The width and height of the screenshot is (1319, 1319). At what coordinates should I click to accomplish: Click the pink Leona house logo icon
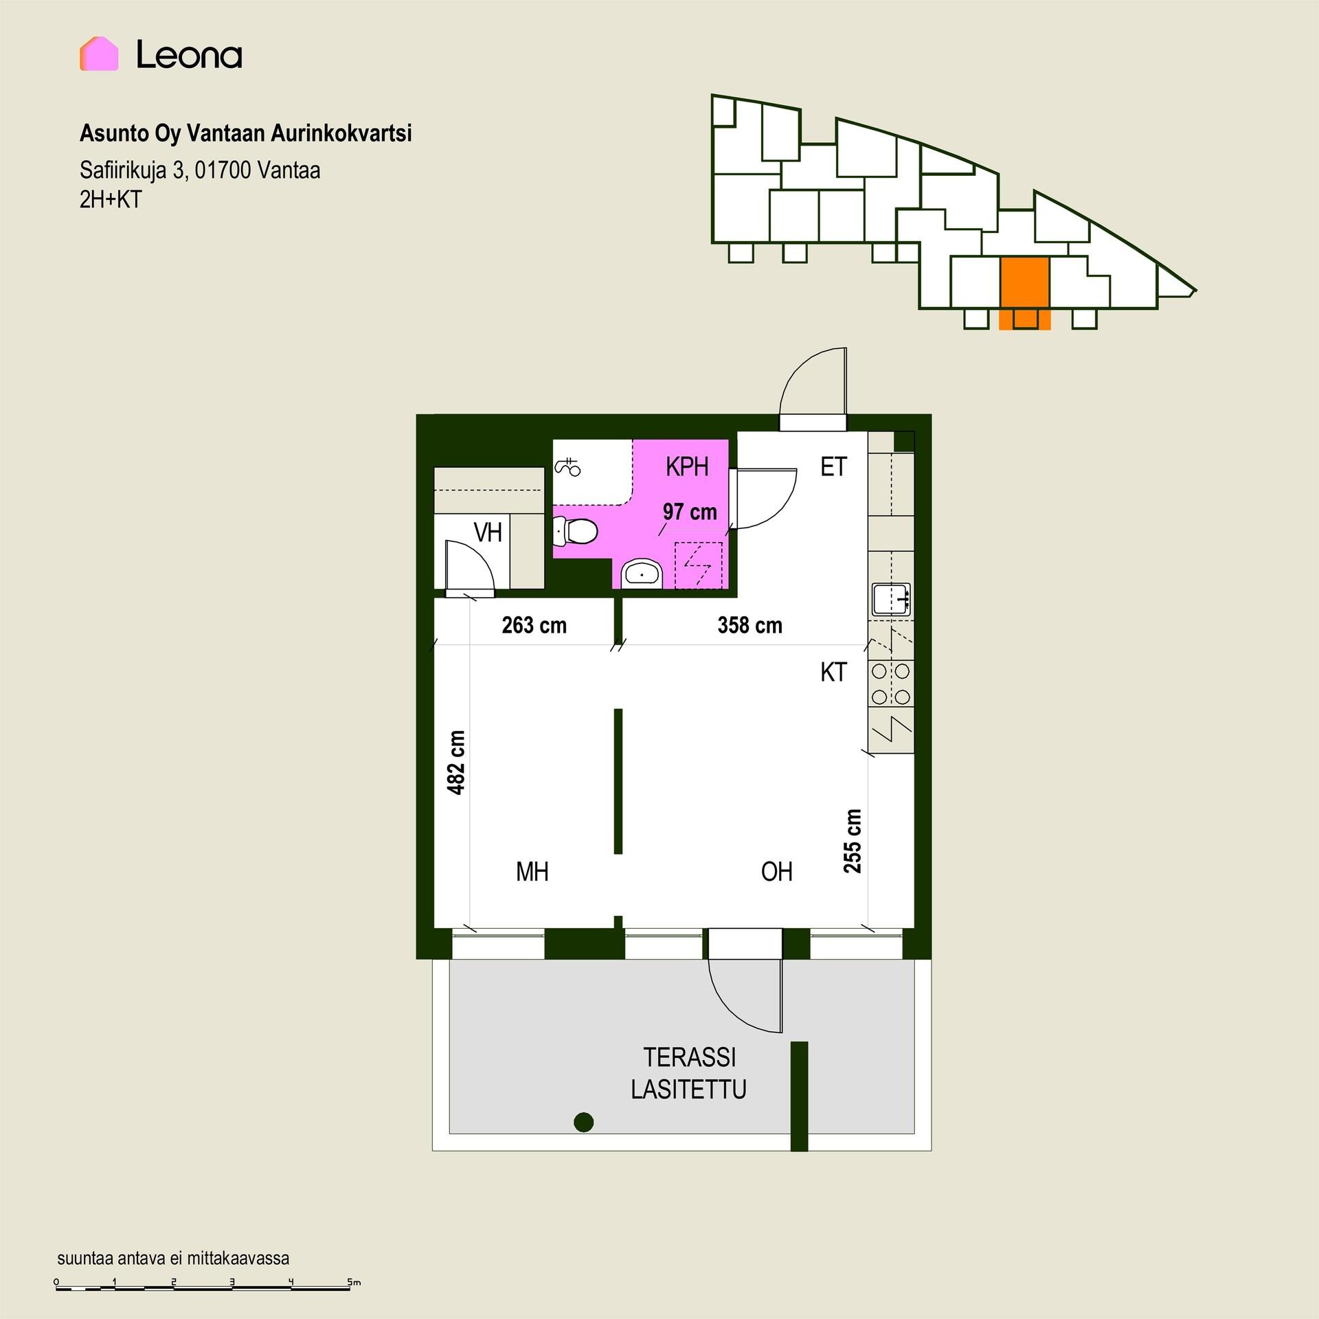(99, 54)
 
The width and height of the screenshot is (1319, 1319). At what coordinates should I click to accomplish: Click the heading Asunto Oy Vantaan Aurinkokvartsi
(246, 133)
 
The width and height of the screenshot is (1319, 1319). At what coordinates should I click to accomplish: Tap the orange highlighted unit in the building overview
(1024, 292)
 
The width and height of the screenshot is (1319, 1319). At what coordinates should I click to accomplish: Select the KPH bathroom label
(687, 466)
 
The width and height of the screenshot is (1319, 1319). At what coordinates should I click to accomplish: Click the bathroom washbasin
(642, 573)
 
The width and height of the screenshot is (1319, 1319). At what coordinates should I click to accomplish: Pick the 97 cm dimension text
(690, 512)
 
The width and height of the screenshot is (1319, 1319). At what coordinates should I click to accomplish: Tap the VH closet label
(488, 532)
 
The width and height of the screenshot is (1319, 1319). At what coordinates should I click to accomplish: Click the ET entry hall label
(834, 467)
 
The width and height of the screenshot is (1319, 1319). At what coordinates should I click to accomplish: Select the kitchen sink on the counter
(891, 599)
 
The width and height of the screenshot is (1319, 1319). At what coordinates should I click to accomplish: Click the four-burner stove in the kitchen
(891, 684)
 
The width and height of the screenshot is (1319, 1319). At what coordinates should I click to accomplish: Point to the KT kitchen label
(833, 672)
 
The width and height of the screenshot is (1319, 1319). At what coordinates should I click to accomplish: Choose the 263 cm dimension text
(534, 625)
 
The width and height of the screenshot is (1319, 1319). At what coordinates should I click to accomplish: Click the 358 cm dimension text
(749, 625)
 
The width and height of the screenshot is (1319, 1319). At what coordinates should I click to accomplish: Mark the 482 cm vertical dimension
(456, 763)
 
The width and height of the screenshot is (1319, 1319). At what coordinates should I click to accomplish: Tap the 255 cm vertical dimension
(852, 841)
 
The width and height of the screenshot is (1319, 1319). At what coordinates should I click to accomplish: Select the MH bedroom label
(532, 872)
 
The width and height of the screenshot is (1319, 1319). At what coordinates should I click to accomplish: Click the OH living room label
(777, 872)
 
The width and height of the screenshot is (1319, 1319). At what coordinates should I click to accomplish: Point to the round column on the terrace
(583, 1122)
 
